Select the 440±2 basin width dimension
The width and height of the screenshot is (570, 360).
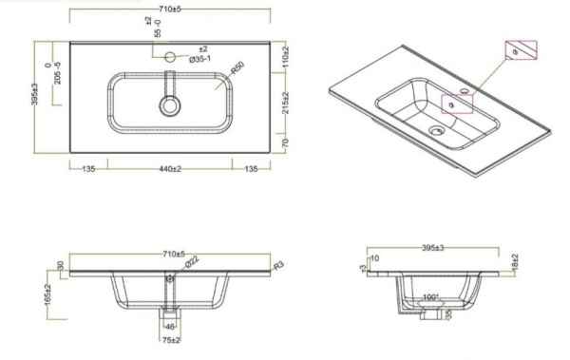[x=170, y=169]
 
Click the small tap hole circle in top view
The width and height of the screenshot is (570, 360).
[x=171, y=58]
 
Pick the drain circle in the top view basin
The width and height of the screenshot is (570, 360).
[x=171, y=105]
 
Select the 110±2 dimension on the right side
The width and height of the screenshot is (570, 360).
[x=284, y=60]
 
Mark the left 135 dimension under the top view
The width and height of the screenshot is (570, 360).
[x=88, y=169]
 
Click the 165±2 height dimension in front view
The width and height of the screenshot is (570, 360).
[x=47, y=293]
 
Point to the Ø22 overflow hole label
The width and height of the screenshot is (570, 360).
[x=193, y=262]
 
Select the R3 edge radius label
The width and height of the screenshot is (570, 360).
[x=277, y=267]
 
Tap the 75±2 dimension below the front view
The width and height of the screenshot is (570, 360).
[x=172, y=338]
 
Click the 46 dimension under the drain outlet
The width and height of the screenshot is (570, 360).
[x=171, y=325]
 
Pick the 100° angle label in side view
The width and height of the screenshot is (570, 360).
[x=430, y=297]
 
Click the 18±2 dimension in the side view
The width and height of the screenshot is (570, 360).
[x=514, y=260]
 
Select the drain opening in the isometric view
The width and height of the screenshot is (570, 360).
[x=436, y=131]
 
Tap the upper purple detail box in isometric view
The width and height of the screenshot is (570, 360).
[x=522, y=50]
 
